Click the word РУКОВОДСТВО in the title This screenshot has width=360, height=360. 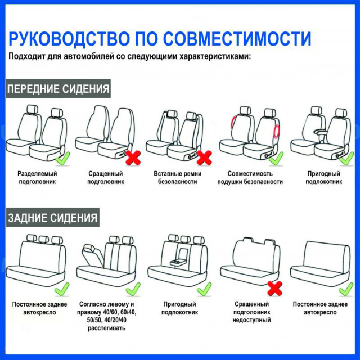(x=69, y=38)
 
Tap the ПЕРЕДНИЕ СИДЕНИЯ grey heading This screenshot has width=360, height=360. (x=58, y=89)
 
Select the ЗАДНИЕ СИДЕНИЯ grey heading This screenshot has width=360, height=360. (x=52, y=218)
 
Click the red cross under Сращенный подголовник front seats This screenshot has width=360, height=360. (x=133, y=157)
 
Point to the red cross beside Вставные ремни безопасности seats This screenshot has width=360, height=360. (x=204, y=157)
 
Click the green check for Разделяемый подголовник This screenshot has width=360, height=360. (x=62, y=159)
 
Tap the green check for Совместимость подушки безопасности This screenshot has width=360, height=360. (x=276, y=159)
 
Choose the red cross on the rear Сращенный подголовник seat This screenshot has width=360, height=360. (x=275, y=289)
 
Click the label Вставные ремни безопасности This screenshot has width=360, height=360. (x=178, y=178)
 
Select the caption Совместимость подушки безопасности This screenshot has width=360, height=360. (x=250, y=178)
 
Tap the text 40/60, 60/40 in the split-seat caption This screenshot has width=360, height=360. (x=118, y=312)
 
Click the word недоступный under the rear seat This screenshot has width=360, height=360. (x=251, y=320)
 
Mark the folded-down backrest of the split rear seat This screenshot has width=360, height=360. (x=92, y=255)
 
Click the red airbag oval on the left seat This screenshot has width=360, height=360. (x=233, y=122)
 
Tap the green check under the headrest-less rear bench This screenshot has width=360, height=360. (x=346, y=289)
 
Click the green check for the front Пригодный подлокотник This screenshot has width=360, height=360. (x=346, y=159)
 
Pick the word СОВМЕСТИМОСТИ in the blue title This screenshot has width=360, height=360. (x=237, y=38)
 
